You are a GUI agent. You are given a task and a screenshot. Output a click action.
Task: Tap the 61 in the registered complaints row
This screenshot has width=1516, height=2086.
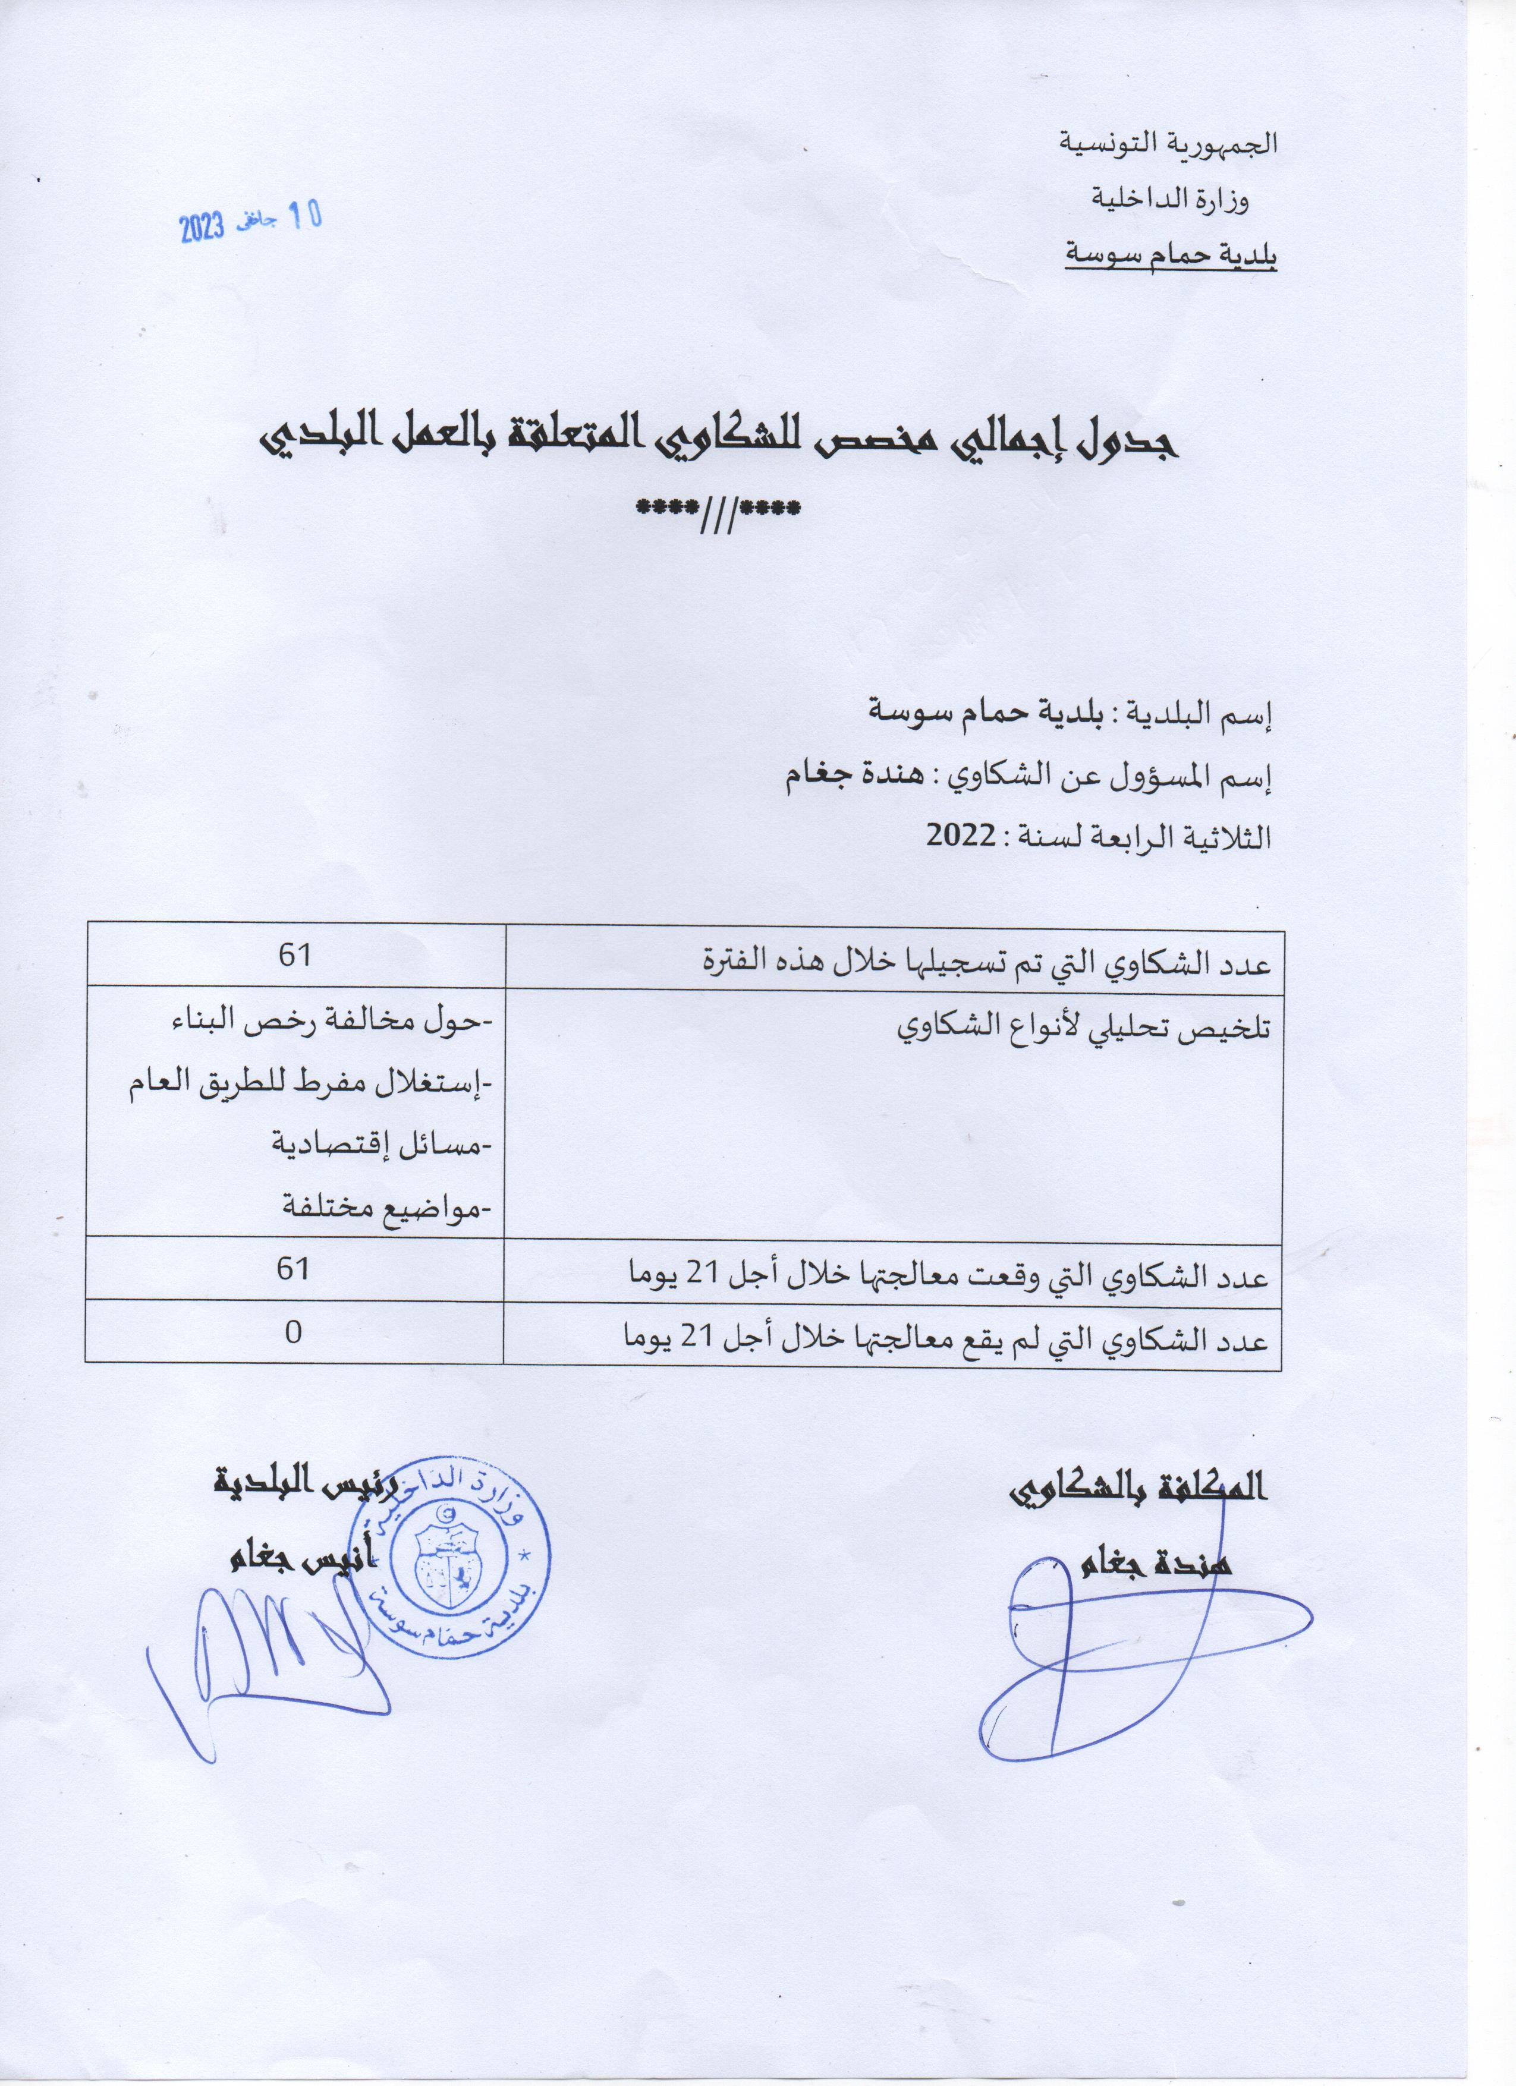[x=294, y=954]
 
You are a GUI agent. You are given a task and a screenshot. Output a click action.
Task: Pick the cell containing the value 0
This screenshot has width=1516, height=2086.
[x=294, y=1332]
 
